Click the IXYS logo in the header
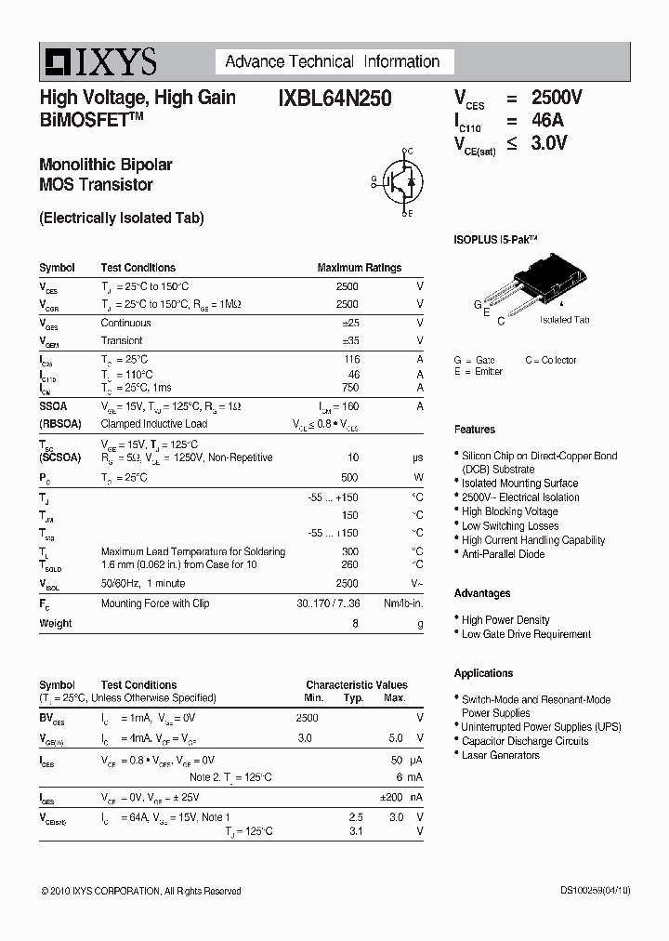pos(98,62)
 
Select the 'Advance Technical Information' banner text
pos(332,62)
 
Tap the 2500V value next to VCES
pos(556,98)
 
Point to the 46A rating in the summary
pos(546,120)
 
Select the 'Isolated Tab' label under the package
pos(564,320)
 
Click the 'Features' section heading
pos(474,430)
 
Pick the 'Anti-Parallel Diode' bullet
pos(504,554)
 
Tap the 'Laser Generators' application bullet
pos(500,755)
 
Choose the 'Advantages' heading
pos(481,593)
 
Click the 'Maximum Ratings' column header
pos(359,268)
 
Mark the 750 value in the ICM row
pos(349,388)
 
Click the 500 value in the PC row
pos(349,477)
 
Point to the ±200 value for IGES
pos(391,798)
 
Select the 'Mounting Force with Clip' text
pos(155,603)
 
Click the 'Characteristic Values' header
pos(356,684)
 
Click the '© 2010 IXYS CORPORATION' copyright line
pos(140,891)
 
